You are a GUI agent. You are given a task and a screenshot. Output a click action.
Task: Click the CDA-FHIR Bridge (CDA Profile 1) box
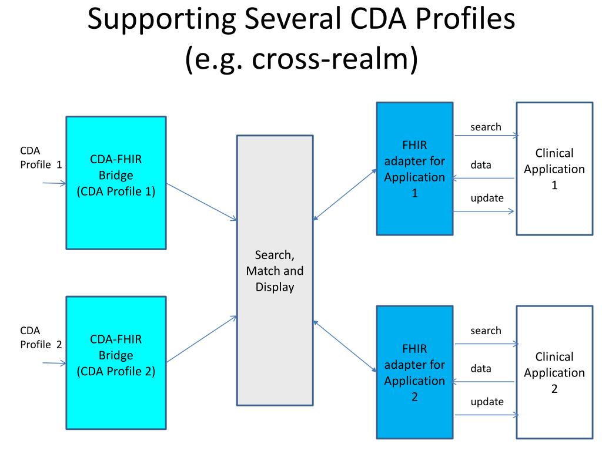[116, 183]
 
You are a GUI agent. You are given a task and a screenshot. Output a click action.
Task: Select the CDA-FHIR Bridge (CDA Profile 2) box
[116, 363]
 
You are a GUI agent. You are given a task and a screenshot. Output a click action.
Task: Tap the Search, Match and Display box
[275, 271]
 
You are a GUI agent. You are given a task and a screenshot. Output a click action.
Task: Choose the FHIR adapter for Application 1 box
[414, 169]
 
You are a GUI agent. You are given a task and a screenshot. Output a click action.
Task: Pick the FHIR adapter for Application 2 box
[414, 372]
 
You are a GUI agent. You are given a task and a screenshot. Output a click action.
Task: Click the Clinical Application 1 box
[554, 169]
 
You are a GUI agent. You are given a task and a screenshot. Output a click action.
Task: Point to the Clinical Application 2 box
[554, 372]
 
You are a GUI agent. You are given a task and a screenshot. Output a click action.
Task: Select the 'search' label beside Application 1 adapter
[486, 127]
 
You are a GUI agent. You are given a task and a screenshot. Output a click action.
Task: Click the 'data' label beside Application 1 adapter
[480, 165]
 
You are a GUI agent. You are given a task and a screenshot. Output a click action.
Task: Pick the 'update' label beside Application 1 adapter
[487, 198]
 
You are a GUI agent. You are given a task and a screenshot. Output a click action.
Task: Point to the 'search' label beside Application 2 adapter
[486, 331]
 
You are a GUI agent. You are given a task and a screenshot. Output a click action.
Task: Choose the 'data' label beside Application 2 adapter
[480, 369]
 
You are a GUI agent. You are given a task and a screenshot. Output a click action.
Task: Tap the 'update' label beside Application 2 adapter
[487, 402]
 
